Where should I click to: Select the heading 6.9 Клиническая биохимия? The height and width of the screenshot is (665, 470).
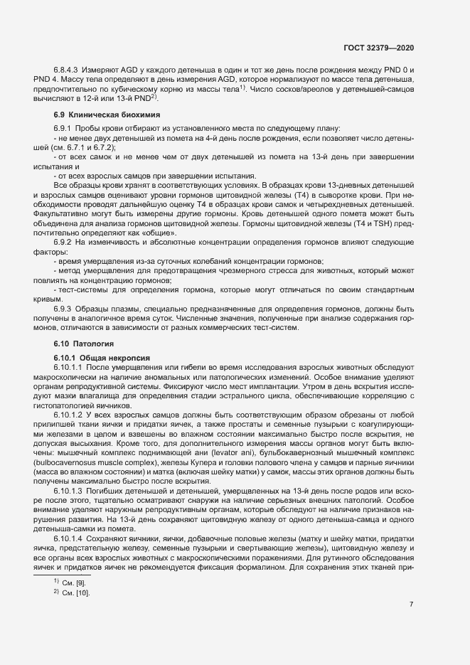tap(107, 115)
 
